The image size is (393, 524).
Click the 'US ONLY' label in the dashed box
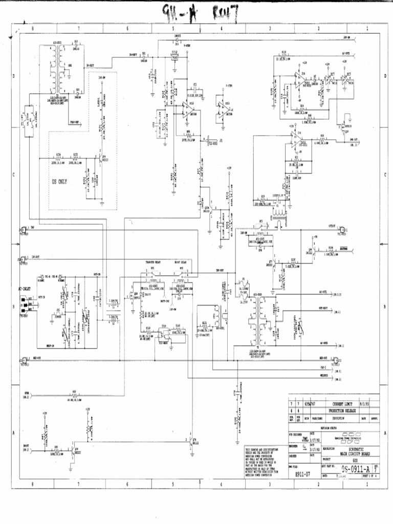point(59,182)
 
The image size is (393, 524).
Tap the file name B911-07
point(302,474)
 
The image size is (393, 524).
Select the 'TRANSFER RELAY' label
point(154,261)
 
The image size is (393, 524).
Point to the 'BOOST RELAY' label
point(180,261)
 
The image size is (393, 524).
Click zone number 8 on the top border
point(32,29)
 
